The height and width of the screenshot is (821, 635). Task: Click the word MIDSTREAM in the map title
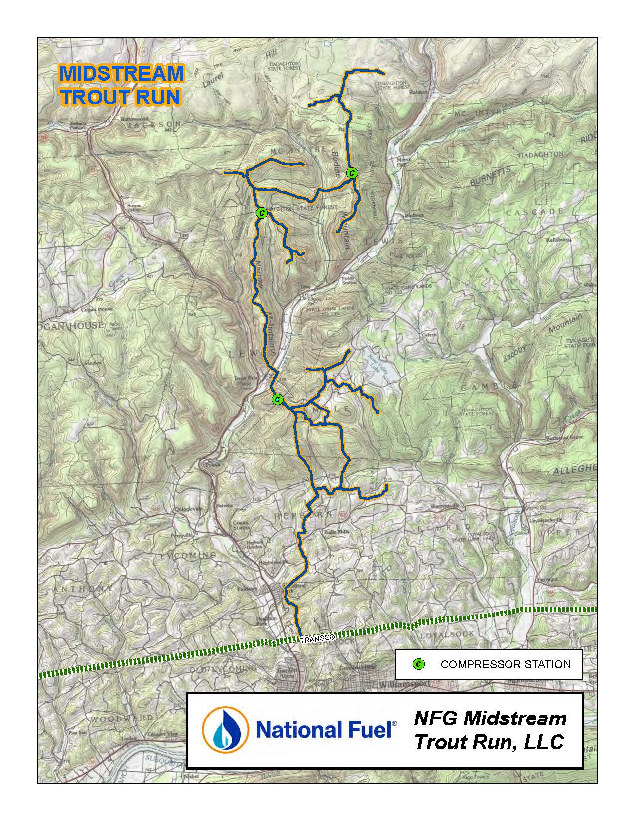tap(121, 74)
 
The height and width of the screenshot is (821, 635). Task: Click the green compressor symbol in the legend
tap(419, 664)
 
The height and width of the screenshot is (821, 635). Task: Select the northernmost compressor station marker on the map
tap(352, 173)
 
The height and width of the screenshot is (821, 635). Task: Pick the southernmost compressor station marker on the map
tap(278, 399)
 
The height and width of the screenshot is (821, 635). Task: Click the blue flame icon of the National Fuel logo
tap(225, 730)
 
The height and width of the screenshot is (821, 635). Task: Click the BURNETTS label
tap(490, 176)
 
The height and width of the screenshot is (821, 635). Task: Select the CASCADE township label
tap(535, 212)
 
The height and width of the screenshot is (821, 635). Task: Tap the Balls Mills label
tap(337, 532)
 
